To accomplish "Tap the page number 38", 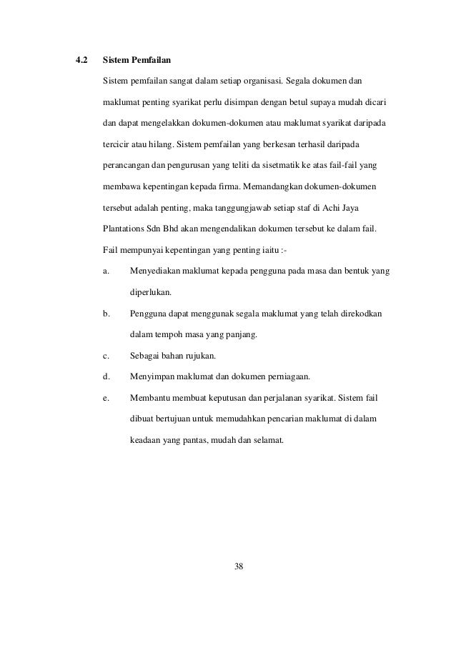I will (239, 566).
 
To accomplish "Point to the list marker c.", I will (106, 355).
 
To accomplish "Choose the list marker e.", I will (106, 397).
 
